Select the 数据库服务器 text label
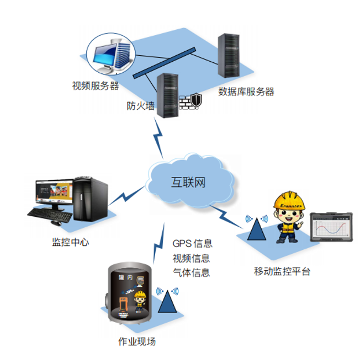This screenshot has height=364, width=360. (246, 92)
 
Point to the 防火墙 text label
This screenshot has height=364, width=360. (140, 105)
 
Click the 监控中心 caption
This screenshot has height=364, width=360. (70, 242)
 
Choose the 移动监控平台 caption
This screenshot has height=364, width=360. (282, 271)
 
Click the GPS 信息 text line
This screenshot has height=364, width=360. (193, 243)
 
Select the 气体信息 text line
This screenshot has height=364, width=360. (192, 272)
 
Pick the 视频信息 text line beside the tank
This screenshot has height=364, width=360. (192, 258)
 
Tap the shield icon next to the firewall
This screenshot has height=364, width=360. (196, 100)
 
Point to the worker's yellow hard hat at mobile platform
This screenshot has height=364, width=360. (289, 200)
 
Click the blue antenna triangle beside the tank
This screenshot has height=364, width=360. (168, 301)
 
